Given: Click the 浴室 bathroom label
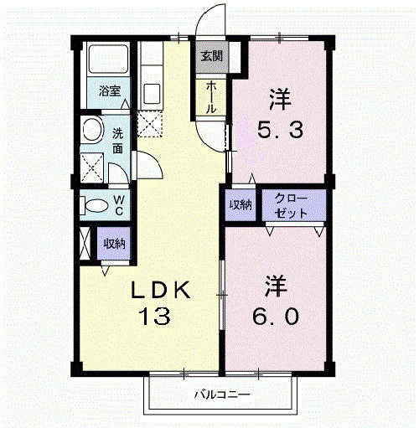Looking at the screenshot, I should [109, 90].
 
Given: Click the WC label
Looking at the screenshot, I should [119, 205].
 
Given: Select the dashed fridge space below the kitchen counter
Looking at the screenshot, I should [152, 124].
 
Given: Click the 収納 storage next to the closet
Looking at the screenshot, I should [241, 206].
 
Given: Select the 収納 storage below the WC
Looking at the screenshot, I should [113, 244].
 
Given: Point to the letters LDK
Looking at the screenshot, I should [164, 291].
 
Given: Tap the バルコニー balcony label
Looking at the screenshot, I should [223, 393].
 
